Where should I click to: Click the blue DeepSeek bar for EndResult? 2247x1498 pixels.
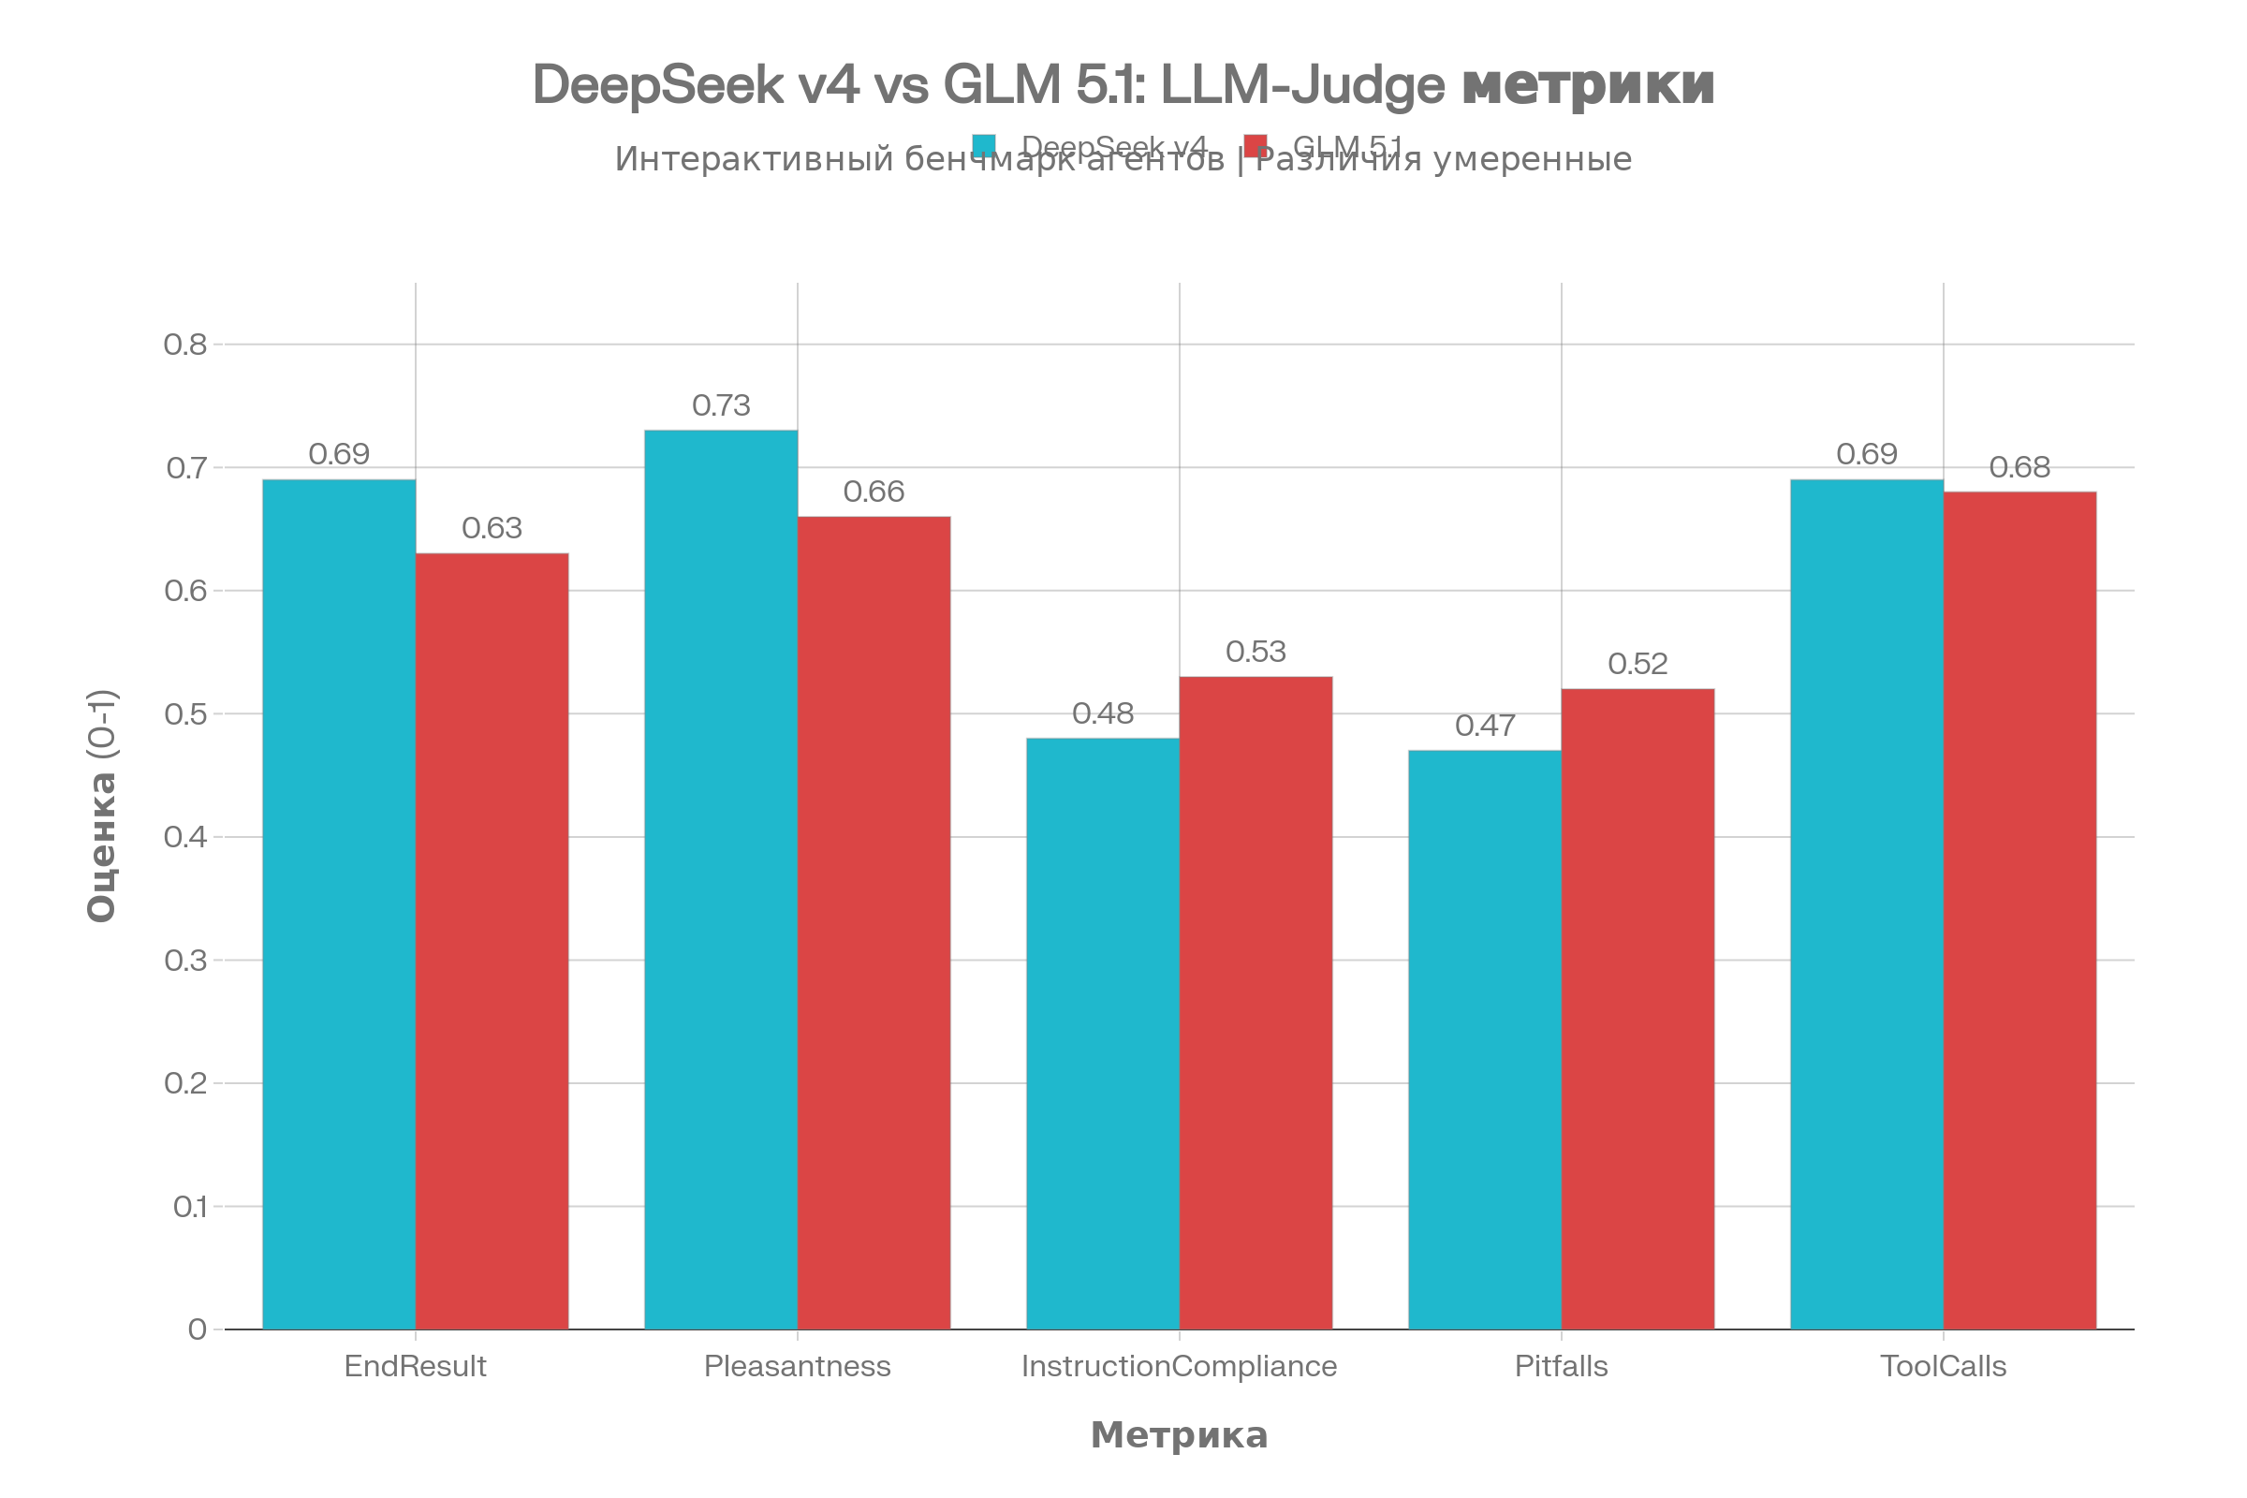tap(338, 903)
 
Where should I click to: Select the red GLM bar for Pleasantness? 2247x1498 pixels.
tap(874, 922)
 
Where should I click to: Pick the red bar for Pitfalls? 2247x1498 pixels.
tap(1638, 1008)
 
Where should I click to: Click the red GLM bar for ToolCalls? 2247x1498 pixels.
tap(2019, 909)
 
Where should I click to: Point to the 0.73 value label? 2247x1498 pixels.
tap(721, 406)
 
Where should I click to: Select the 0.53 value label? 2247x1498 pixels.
tap(1256, 653)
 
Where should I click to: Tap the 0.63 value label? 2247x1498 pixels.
tap(492, 528)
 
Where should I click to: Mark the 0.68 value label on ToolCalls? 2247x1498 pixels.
tap(2019, 467)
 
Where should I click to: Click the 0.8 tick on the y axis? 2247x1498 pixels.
tap(185, 344)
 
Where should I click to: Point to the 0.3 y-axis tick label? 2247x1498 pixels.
tap(185, 961)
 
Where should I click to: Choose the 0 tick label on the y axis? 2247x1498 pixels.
tap(197, 1329)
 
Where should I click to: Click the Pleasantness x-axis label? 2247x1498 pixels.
tap(797, 1366)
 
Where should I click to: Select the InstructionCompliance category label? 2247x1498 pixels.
tap(1179, 1366)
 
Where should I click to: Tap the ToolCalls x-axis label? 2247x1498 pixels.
tap(1944, 1366)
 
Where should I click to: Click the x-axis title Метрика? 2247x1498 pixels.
tap(1179, 1435)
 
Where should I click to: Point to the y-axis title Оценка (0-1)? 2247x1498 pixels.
tap(101, 805)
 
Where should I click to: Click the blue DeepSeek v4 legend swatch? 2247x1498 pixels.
tap(984, 145)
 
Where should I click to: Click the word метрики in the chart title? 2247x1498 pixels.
tap(1588, 84)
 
